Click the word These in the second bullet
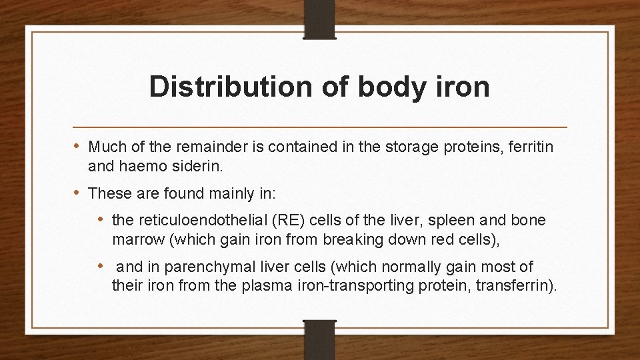pos(107,194)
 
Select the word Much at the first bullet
pos(103,146)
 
